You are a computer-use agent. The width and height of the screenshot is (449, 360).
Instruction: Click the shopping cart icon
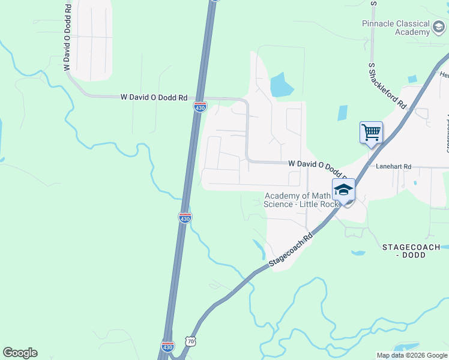371,131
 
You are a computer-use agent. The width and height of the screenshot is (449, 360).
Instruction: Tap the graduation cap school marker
343,190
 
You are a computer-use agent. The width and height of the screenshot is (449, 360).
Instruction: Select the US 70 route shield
191,341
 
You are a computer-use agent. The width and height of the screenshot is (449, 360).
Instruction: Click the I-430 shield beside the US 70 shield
168,346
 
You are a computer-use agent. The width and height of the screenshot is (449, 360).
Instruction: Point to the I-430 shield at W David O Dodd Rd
200,107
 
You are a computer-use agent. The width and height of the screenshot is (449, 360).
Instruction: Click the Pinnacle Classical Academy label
396,28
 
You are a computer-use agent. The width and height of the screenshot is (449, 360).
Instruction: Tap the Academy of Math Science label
298,200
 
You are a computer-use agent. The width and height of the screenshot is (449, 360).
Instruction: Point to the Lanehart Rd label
393,167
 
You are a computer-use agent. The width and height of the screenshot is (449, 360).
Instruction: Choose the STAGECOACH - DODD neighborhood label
411,251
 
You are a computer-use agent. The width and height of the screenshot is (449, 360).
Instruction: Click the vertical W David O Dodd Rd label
67,37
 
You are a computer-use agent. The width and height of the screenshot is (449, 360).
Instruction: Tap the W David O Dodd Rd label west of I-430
154,97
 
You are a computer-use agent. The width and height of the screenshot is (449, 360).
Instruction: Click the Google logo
20,353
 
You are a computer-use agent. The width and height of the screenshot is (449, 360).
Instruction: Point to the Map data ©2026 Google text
411,355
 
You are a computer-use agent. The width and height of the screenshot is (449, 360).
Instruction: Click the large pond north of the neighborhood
280,85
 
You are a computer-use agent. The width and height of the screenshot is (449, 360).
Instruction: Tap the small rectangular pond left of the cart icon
342,113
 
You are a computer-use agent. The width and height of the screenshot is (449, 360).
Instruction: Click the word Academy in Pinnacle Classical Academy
412,32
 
